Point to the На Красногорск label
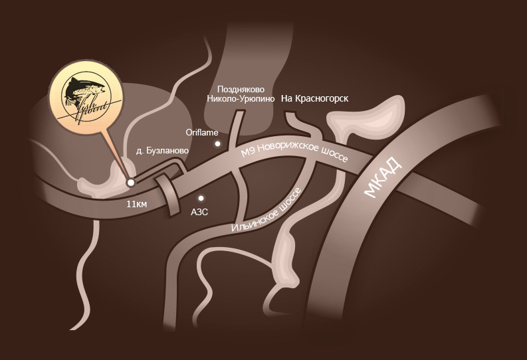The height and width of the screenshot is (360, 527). pos(315,98)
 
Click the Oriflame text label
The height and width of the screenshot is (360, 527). pos(206,132)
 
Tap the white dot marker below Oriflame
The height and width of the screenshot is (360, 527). pos(217,143)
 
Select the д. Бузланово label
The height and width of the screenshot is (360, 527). pos(162,151)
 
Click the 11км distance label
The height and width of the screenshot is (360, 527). pos(136,204)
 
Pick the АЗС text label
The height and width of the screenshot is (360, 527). pos(200,213)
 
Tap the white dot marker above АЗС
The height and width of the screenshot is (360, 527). pos(200,198)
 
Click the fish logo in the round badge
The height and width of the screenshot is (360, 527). pos(85,98)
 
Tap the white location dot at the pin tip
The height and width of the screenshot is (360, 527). pos(131,182)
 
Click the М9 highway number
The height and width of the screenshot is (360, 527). pos(247,152)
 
